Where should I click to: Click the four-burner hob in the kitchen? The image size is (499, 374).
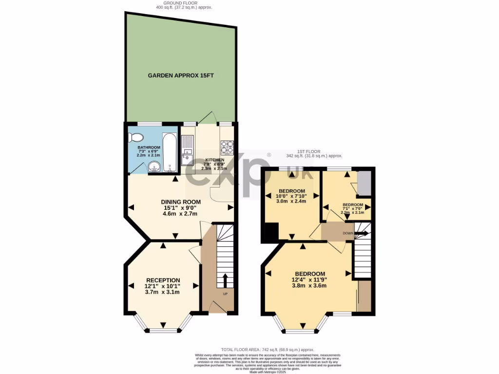[x=228, y=146]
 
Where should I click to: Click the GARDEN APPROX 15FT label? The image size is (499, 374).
[x=181, y=75]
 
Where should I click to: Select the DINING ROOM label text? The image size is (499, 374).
[x=181, y=202]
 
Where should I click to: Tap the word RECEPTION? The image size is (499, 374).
[x=163, y=280]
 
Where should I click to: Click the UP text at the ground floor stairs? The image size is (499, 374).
[x=225, y=294]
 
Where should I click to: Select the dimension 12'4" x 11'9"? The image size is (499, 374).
[x=309, y=280]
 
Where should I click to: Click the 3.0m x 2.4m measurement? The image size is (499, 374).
[x=291, y=201]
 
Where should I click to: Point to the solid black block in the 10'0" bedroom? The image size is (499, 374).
[x=269, y=232]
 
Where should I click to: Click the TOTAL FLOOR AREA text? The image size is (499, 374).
[x=268, y=350]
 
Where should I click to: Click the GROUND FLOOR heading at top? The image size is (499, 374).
[x=181, y=4]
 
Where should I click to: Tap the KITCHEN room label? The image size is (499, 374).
[x=214, y=160]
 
